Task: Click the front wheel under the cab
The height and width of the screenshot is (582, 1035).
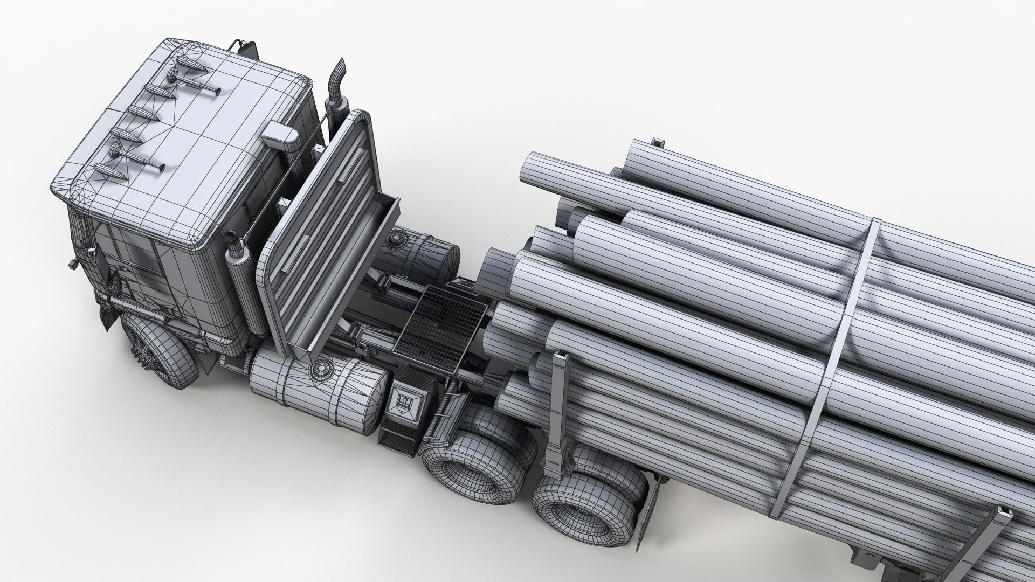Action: pyautogui.click(x=162, y=350)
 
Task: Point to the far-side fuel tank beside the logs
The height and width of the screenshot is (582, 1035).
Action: pyautogui.click(x=426, y=253)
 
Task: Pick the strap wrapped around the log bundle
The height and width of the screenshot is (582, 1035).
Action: pyautogui.click(x=841, y=345)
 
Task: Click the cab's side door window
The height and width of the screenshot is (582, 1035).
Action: pyautogui.click(x=137, y=253)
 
